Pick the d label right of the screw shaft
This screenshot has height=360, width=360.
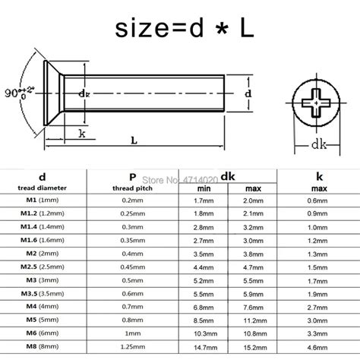coord(248,93)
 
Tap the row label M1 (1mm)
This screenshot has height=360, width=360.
coord(35,201)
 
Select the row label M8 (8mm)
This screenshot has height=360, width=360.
coord(35,346)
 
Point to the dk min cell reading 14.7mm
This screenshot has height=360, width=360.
coord(201,346)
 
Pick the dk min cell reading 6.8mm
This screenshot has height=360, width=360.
coord(201,306)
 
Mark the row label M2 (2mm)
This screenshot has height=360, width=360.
coord(35,254)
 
